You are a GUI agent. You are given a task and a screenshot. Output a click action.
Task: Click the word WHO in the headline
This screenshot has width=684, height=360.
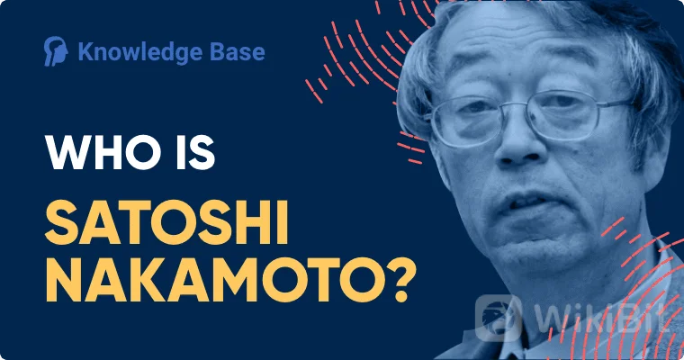point(103,152)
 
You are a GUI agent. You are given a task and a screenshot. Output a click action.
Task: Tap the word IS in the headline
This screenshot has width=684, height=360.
point(195,152)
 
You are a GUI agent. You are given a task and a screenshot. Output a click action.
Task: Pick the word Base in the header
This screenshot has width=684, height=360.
point(238,51)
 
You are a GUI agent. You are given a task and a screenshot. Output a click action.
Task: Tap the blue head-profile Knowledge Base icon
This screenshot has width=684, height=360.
point(56,51)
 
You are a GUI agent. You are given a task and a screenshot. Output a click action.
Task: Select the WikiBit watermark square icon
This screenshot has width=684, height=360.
point(499,318)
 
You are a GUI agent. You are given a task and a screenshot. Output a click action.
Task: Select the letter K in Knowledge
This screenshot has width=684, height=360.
point(85,52)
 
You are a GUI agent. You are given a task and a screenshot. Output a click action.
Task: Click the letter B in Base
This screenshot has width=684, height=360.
point(217,51)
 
